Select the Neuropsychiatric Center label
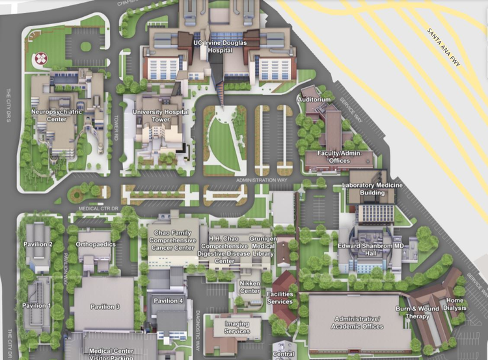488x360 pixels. point(57,115)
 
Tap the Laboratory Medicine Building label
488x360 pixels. point(372,189)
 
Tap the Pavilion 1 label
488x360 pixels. point(36,305)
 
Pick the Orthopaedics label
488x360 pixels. point(96,244)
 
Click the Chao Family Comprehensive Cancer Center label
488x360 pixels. point(172,240)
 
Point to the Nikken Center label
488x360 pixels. point(251,287)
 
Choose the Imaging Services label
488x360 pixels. point(237,327)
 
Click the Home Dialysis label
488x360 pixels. point(455,304)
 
